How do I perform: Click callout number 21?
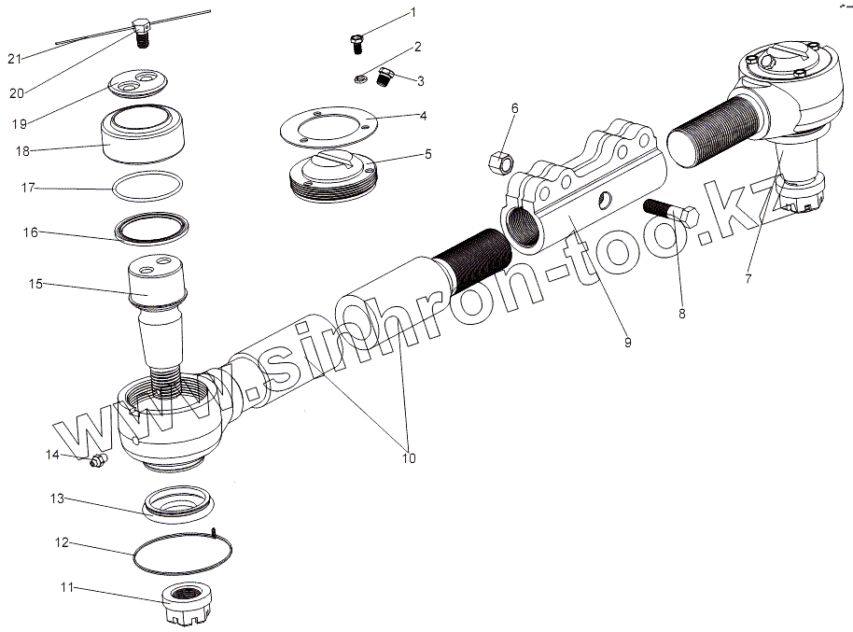[14, 59]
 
